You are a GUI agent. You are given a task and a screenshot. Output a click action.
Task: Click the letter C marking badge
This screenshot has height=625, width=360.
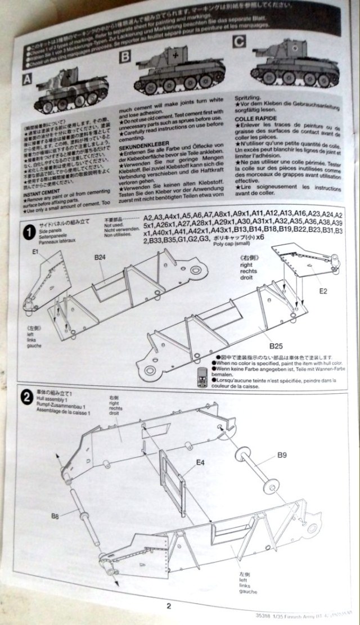pyautogui.click(x=238, y=41)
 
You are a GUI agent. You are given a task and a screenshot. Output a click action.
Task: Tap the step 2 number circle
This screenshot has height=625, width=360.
pyautogui.click(x=25, y=397)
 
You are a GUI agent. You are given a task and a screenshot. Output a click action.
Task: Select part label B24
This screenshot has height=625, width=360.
pyautogui.click(x=101, y=258)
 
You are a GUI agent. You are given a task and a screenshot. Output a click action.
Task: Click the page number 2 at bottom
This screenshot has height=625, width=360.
pyautogui.click(x=167, y=606)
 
